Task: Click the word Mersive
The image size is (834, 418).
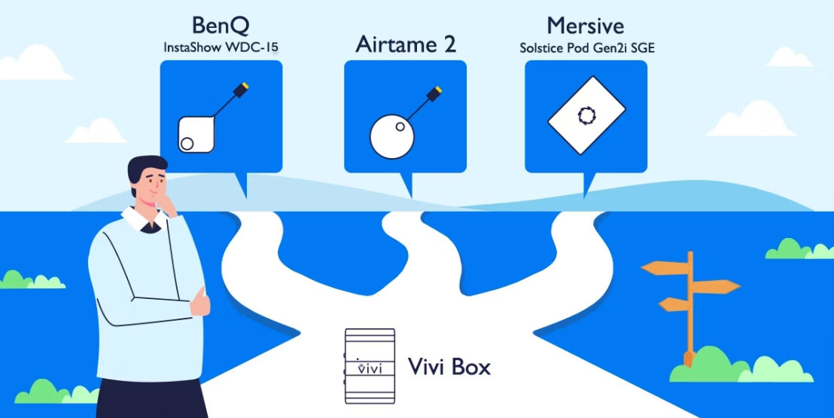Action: [x=585, y=25]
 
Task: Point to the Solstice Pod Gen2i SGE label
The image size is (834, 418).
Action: [x=586, y=47]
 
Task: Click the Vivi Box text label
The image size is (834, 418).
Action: [x=449, y=368]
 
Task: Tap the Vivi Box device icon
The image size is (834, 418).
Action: [x=370, y=367]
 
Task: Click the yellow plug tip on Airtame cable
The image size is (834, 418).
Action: [x=435, y=93]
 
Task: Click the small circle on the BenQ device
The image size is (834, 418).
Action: [x=187, y=143]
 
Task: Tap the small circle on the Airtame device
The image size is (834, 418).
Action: [x=401, y=127]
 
